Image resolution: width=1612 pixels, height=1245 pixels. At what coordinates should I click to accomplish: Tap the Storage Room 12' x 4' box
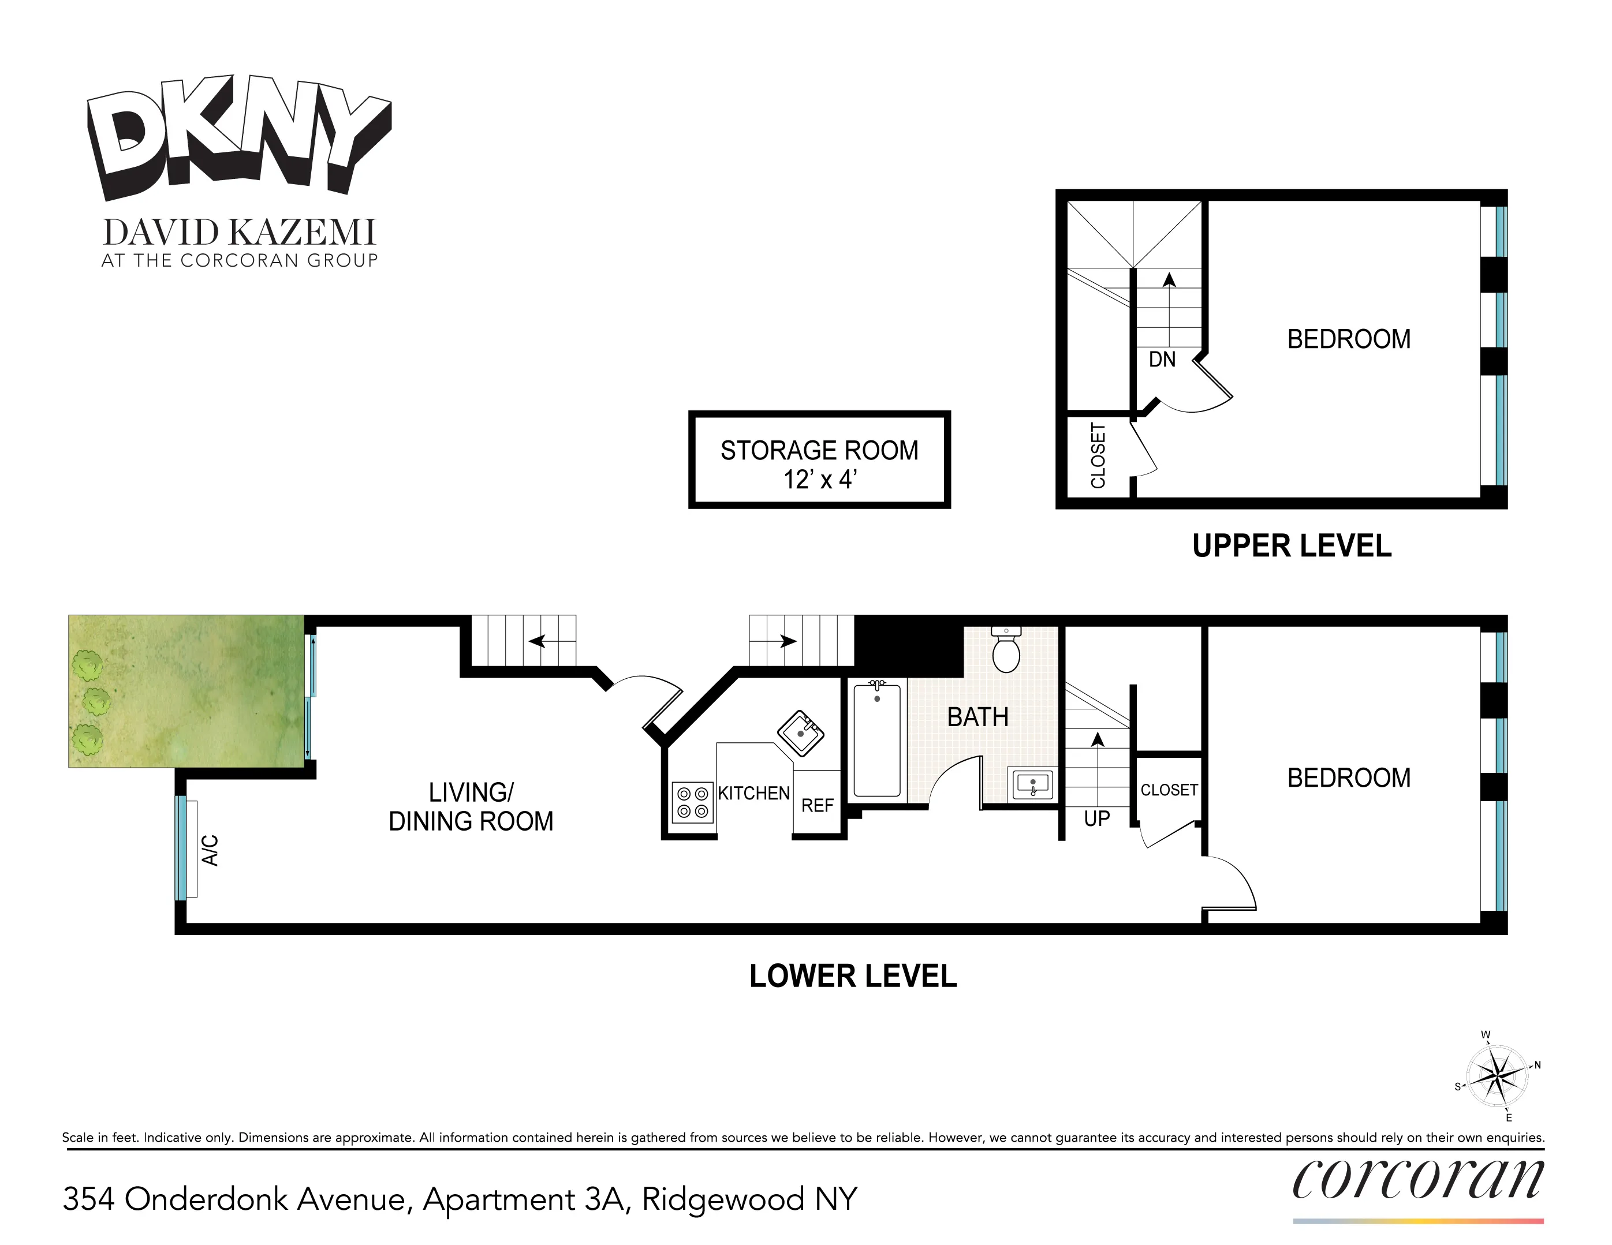(x=819, y=460)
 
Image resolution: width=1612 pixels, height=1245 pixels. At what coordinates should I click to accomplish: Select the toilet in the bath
(x=1006, y=650)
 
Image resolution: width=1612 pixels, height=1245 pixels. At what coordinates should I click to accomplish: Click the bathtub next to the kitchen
(x=877, y=740)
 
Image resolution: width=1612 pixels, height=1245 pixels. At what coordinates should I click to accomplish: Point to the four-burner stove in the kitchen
(x=692, y=802)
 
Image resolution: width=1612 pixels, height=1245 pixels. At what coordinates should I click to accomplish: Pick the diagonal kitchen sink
(x=801, y=733)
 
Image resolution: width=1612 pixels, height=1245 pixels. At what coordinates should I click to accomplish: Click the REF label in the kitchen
(x=817, y=805)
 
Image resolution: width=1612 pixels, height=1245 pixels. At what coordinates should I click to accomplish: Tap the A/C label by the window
(x=210, y=850)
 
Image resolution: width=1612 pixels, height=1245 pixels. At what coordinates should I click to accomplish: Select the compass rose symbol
(x=1497, y=1076)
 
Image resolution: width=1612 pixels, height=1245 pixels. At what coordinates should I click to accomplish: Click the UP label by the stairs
(x=1097, y=818)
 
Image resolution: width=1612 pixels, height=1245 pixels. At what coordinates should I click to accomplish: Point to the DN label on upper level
(x=1162, y=360)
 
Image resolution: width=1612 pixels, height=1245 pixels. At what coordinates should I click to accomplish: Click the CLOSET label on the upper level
(x=1098, y=455)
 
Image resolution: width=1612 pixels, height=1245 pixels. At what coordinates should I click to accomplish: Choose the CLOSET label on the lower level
(x=1169, y=790)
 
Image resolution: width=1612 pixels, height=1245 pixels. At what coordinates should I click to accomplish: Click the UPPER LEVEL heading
(x=1292, y=546)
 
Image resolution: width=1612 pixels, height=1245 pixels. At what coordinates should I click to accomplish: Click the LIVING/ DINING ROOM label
(x=471, y=807)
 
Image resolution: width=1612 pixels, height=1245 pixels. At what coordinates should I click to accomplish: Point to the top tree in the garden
(x=88, y=665)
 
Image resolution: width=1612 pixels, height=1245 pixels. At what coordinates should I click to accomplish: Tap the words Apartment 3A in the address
(x=527, y=1199)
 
